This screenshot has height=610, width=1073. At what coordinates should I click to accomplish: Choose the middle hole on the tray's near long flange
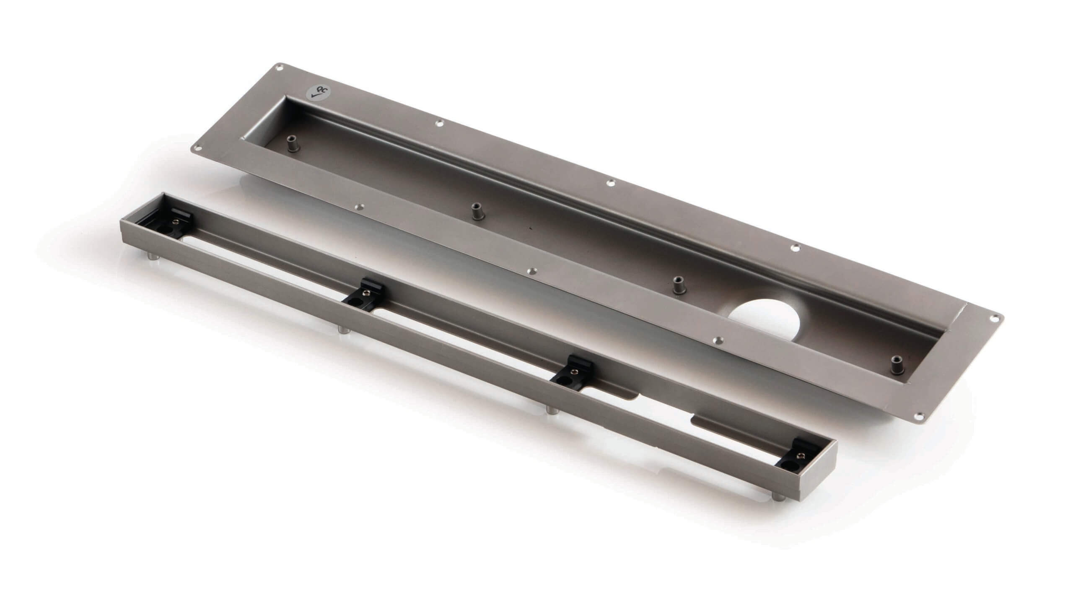pos(533,272)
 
